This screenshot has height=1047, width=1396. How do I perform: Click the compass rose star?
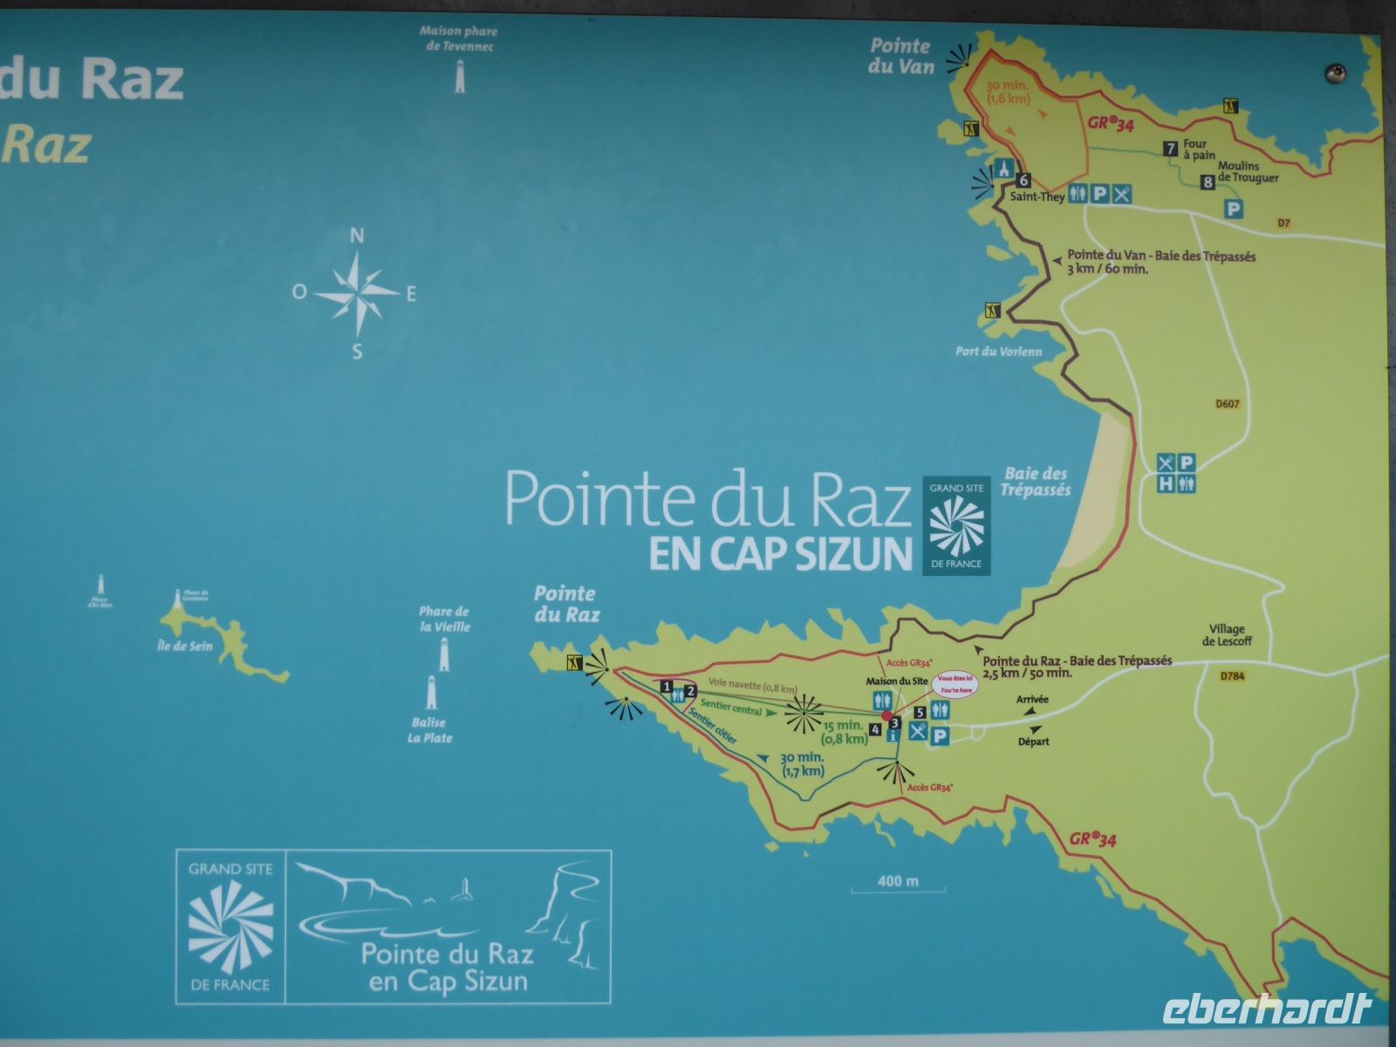click(358, 292)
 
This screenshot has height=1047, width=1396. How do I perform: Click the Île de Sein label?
click(185, 647)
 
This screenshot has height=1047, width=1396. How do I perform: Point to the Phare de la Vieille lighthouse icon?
click(442, 652)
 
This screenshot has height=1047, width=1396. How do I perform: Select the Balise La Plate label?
click(430, 730)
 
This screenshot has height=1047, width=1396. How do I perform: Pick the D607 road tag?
click(1227, 404)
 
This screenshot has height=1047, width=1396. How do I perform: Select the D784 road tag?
click(1232, 675)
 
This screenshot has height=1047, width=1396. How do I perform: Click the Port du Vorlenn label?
click(999, 352)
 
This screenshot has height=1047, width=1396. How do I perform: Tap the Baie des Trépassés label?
click(1036, 482)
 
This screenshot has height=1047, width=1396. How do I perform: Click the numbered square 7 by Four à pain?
click(1171, 149)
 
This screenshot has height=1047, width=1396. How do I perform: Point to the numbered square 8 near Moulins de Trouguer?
click(1208, 182)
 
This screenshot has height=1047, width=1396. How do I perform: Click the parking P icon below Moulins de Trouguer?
click(1233, 209)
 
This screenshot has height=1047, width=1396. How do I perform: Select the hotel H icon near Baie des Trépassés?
click(1166, 482)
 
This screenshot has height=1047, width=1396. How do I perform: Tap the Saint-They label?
click(1037, 197)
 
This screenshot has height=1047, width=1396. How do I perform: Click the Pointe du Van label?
click(900, 56)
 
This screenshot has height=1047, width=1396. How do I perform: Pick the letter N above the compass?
click(357, 236)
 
